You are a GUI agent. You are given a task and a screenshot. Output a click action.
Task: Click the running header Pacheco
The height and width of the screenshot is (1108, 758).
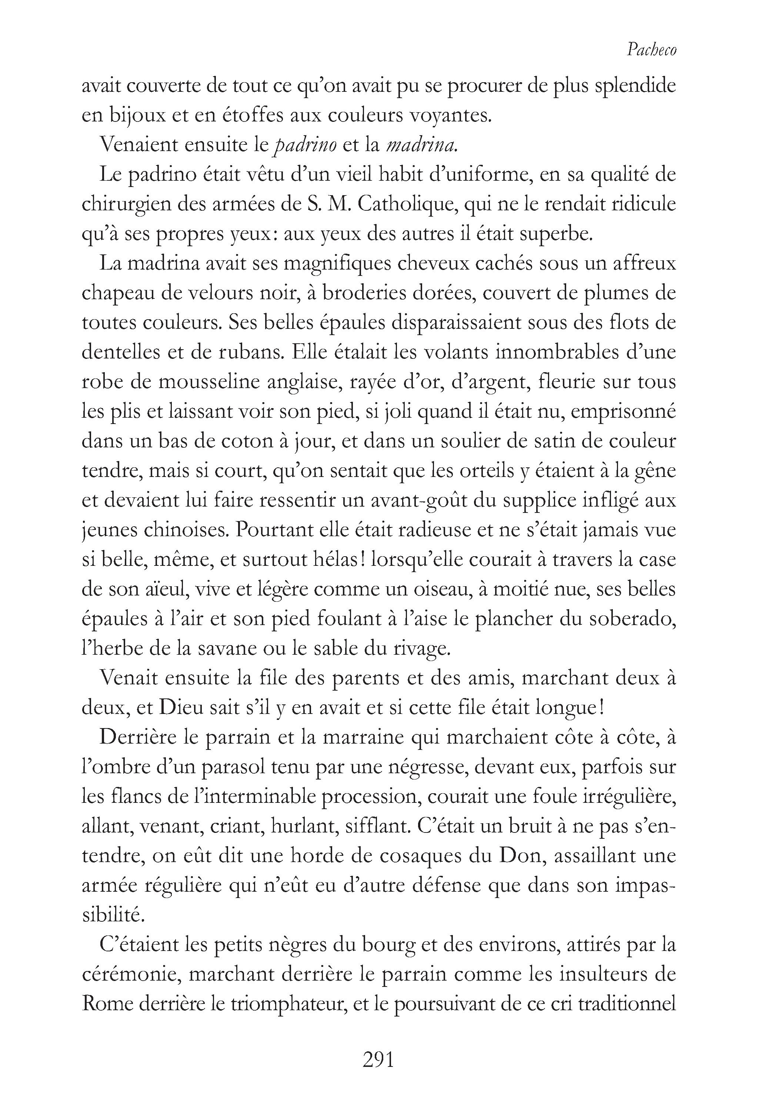click(651, 50)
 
